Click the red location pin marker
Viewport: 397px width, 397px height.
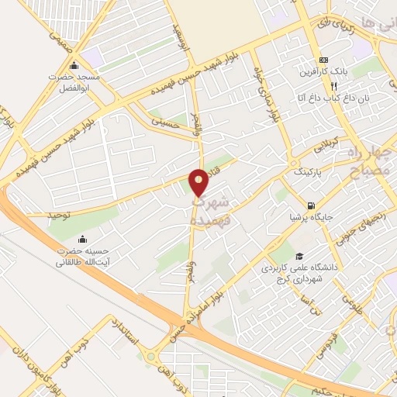[199, 181]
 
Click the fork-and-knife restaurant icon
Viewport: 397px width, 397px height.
[333, 87]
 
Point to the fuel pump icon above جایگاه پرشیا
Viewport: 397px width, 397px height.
[311, 207]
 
